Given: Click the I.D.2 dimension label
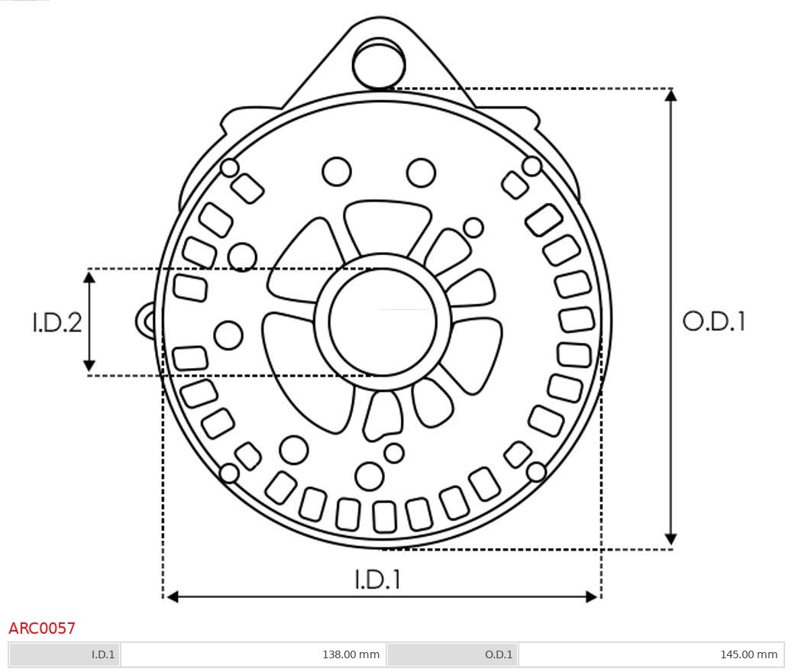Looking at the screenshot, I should click(57, 322).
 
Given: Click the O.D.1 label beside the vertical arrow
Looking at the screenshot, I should click(713, 321).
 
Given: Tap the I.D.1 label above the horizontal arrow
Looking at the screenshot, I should click(377, 580).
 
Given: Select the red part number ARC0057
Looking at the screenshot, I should click(42, 628).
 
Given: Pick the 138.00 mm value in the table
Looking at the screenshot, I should click(351, 654).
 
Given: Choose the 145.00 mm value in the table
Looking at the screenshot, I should click(748, 654).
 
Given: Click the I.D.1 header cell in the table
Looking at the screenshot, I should click(103, 654).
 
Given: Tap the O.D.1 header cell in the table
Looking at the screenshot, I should click(499, 654).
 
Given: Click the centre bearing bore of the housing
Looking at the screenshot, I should click(383, 321).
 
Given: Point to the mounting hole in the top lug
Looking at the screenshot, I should click(379, 65).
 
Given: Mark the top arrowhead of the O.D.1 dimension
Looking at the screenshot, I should click(671, 95).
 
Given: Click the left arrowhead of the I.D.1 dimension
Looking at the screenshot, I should click(173, 596).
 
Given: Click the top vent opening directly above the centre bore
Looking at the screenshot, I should click(386, 225).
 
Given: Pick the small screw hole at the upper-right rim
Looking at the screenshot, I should click(532, 166).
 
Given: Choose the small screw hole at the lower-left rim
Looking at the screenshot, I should click(229, 473).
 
